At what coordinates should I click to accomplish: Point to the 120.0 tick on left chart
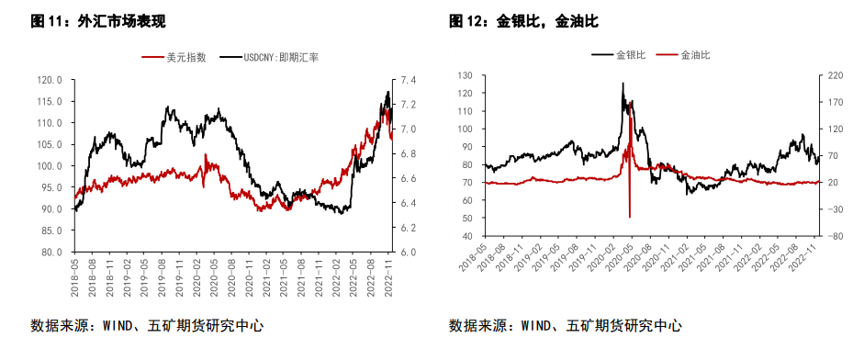point(49,80)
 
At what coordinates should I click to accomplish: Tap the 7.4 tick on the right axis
point(409,80)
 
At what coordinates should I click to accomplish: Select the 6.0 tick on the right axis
point(409,252)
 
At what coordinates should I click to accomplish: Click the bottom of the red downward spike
point(629,217)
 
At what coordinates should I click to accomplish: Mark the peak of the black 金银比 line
point(623,84)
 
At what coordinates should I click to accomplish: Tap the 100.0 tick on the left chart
point(49,166)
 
